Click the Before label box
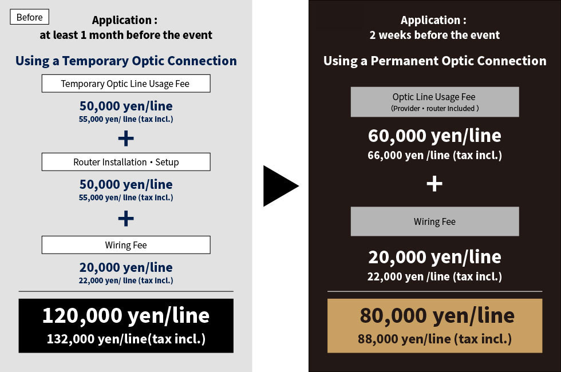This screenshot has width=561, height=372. point(29,17)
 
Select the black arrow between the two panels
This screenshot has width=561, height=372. point(279,185)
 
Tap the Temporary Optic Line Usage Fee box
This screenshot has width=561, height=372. point(126,84)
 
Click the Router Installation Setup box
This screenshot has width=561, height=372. point(126,161)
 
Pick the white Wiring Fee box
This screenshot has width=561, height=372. point(126,245)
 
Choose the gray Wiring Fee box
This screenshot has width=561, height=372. point(434,221)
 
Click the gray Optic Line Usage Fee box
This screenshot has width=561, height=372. point(434,102)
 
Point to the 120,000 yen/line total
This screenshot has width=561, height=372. point(126,315)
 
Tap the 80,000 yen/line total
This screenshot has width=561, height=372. point(437,315)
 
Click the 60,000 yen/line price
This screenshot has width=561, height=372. point(434,136)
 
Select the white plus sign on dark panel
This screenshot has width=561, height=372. point(434,184)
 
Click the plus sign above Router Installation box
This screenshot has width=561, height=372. point(126,138)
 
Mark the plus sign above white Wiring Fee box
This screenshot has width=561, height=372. point(126,219)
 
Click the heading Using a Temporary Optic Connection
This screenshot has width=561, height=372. point(126,61)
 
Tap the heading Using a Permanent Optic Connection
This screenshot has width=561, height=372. point(434,61)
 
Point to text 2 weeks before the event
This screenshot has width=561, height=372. point(434,35)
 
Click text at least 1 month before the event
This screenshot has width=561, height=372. point(126,35)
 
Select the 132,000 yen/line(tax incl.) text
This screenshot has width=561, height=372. point(126,339)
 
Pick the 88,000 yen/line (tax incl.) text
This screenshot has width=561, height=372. point(434,339)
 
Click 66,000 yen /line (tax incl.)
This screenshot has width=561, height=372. point(434,155)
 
